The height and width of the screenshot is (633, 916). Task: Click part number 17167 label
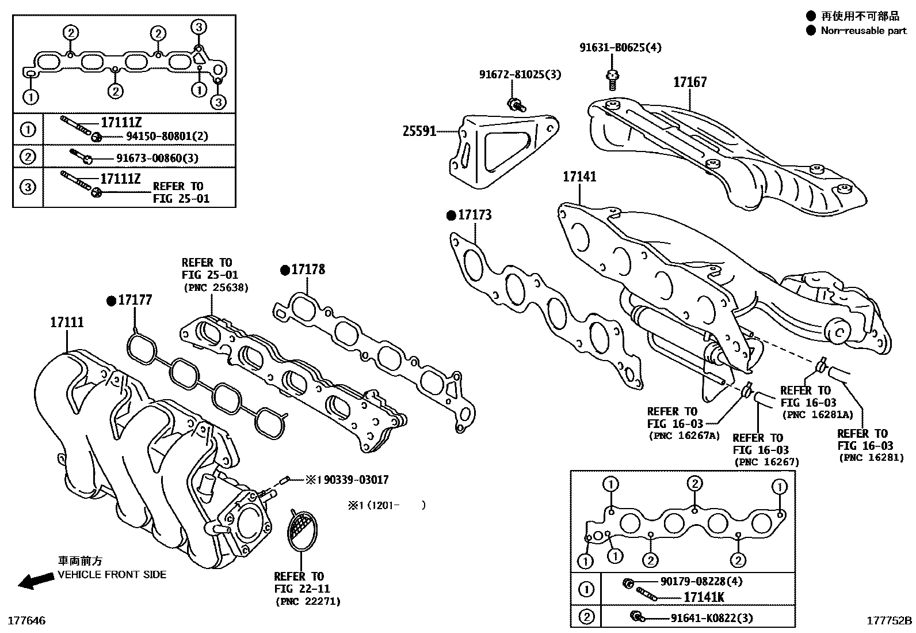tap(690, 82)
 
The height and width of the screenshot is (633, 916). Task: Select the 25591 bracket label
tap(419, 131)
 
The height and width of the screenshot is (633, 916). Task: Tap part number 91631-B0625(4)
tap(620, 47)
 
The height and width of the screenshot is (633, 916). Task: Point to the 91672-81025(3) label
tap(520, 74)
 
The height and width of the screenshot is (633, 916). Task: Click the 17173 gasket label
tap(475, 215)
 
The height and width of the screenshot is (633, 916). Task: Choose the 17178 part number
tap(308, 270)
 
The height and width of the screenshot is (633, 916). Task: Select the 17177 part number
tap(135, 300)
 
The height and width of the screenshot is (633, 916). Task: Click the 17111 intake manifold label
tap(67, 323)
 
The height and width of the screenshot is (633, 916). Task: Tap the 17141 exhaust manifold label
tap(579, 177)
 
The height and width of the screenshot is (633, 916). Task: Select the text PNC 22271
tap(307, 601)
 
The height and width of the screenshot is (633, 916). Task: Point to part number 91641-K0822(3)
tap(712, 618)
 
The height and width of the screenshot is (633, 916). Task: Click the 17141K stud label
tap(704, 597)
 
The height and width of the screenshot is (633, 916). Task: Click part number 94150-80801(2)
tap(167, 136)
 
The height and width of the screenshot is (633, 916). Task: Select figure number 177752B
tap(890, 621)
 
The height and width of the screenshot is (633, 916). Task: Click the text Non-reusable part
tap(863, 31)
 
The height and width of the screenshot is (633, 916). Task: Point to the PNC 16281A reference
tap(816, 415)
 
